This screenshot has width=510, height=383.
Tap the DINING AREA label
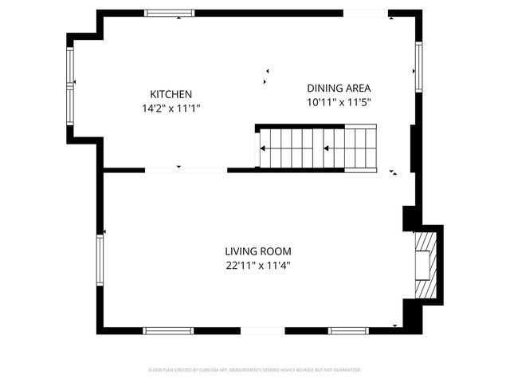click(x=339, y=88)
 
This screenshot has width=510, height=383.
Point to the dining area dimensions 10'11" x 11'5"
click(x=339, y=102)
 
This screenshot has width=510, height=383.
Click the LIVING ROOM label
click(x=257, y=251)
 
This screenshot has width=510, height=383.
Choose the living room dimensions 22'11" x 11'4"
click(x=257, y=265)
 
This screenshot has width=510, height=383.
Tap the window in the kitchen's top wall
click(x=169, y=13)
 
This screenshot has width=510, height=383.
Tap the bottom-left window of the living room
click(x=167, y=330)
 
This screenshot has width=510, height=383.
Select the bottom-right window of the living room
click(x=349, y=330)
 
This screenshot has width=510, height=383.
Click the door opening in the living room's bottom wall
click(x=262, y=330)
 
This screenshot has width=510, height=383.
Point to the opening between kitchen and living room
click(x=186, y=169)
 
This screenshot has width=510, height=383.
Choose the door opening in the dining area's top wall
click(x=365, y=13)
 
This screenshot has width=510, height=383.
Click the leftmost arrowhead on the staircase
click(x=263, y=148)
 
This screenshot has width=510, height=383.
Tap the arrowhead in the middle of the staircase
click(x=326, y=148)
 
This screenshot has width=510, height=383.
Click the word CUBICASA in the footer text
click(x=210, y=370)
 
